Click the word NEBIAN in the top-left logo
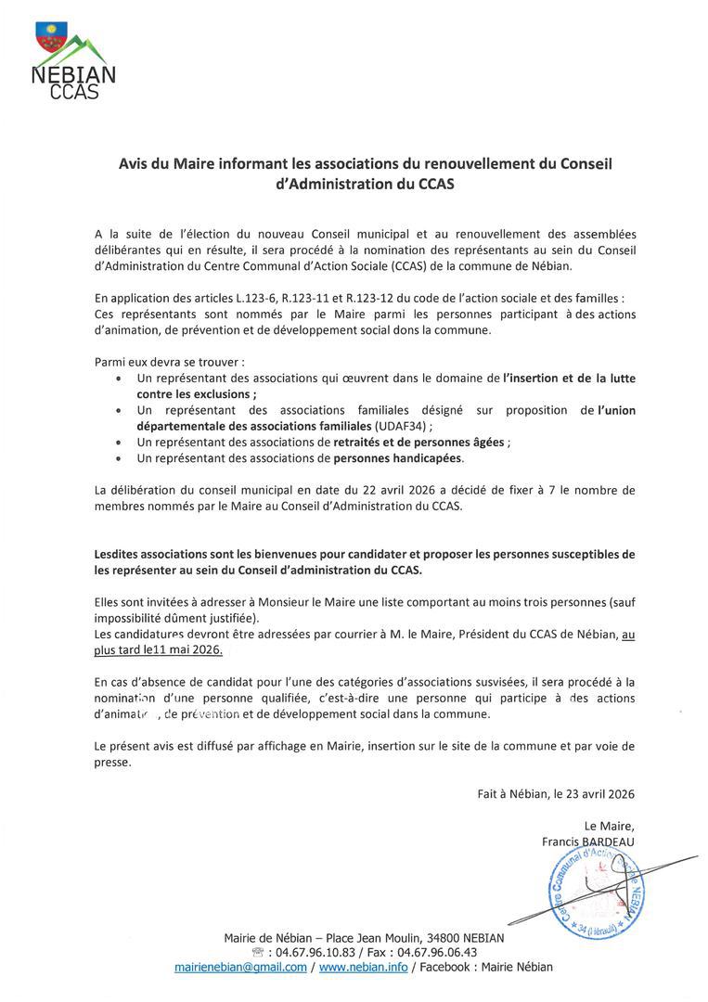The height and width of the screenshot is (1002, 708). point(73,74)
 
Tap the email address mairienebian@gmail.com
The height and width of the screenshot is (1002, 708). point(240,967)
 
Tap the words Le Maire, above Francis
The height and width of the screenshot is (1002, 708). point(610,826)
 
